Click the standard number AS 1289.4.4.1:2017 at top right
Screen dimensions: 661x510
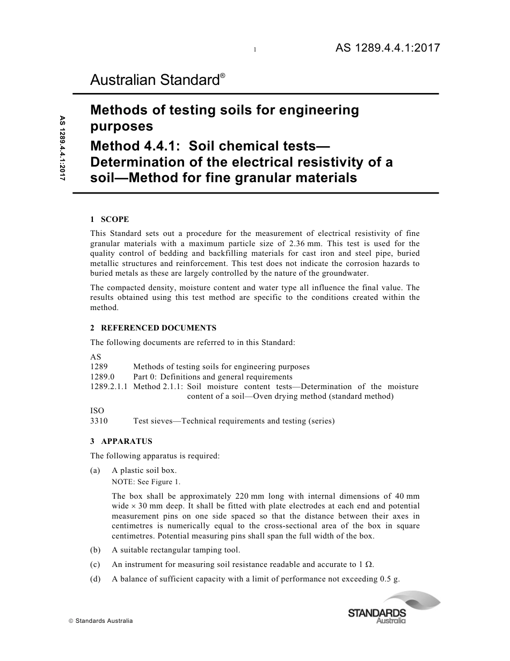(388, 48)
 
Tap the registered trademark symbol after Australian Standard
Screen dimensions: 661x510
(222, 76)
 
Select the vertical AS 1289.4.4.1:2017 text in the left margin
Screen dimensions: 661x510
(63, 148)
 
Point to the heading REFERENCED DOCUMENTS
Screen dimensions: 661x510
(158, 328)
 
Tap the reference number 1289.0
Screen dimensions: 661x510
(103, 377)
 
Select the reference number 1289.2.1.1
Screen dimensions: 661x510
(109, 386)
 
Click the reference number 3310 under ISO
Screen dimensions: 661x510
(99, 421)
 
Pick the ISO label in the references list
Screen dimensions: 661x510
(97, 411)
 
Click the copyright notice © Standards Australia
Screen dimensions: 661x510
(101, 621)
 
